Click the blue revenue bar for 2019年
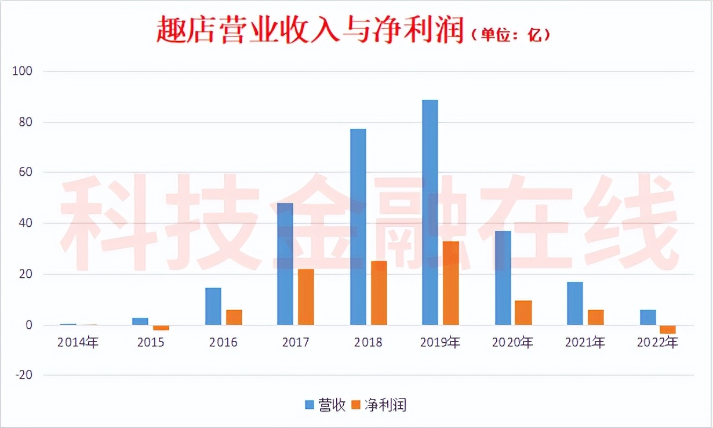click(x=430, y=212)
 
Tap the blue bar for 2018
click(x=358, y=227)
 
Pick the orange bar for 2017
click(x=306, y=297)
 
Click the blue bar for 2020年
click(x=503, y=278)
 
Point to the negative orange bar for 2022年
click(x=668, y=329)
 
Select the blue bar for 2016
click(x=213, y=306)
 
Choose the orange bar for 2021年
click(x=595, y=317)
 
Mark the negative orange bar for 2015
click(x=161, y=328)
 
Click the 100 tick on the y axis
click(x=25, y=71)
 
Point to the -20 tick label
click(x=25, y=376)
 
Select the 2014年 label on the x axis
click(x=78, y=343)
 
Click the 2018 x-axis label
click(x=369, y=343)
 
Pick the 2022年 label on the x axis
click(x=657, y=343)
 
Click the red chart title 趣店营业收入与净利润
click(x=311, y=30)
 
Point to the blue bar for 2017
click(x=285, y=264)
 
